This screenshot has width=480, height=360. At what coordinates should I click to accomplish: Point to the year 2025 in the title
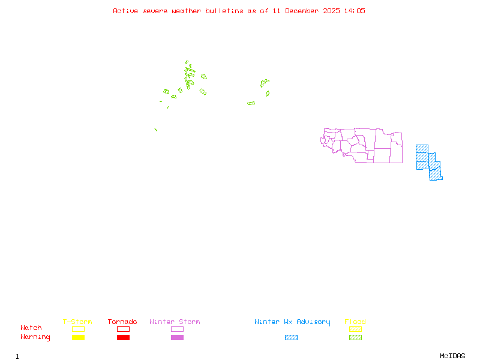331,11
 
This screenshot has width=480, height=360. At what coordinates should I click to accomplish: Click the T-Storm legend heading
77,322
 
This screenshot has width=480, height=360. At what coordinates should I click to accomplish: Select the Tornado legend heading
122,322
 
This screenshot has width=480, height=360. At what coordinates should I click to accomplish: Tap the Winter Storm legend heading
175,322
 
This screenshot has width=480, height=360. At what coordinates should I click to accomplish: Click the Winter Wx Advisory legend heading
292,322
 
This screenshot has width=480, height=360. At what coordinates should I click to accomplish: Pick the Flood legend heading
355,322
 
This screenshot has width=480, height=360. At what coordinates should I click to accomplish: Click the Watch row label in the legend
31,328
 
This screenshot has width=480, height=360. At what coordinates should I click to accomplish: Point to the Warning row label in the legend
35,337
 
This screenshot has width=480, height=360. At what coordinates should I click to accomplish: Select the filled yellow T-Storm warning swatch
78,337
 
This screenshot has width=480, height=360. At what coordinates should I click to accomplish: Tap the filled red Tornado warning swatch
123,337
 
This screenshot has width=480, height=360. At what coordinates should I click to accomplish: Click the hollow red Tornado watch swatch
123,329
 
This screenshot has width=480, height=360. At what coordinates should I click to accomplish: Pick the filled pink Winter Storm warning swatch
177,337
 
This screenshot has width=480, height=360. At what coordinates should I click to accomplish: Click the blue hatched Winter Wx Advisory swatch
291,337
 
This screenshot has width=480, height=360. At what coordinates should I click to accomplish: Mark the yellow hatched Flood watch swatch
355,329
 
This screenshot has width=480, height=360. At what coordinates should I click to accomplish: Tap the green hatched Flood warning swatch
355,337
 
